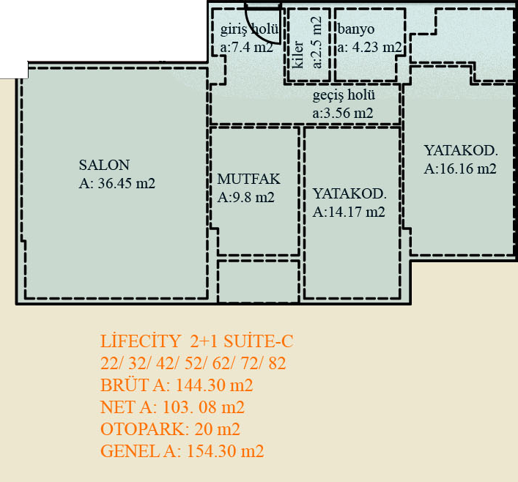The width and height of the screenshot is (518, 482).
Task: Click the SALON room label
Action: (104, 165)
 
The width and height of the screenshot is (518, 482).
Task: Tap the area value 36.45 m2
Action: (127, 183)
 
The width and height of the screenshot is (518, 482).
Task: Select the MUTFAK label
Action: (248, 179)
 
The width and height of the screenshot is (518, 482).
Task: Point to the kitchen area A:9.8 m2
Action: (245, 197)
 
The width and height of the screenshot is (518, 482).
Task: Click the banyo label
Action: (356, 29)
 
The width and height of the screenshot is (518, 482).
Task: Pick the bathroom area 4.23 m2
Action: (377, 47)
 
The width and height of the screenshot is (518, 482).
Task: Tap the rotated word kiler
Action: (298, 54)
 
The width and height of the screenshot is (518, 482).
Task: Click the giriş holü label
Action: (249, 29)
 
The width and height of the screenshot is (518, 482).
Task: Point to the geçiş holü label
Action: (344, 95)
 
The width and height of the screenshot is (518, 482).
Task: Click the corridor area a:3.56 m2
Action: (343, 113)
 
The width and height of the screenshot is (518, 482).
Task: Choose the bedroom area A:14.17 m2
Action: (349, 212)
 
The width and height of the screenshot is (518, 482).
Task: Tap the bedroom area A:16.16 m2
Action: (460, 168)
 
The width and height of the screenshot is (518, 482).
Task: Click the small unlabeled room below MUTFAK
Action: (259, 281)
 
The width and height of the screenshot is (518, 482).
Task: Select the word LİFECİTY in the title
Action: (141, 341)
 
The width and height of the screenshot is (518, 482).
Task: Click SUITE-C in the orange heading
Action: (259, 341)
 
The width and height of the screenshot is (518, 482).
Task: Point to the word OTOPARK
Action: (142, 429)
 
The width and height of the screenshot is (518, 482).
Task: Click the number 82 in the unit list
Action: (277, 363)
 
